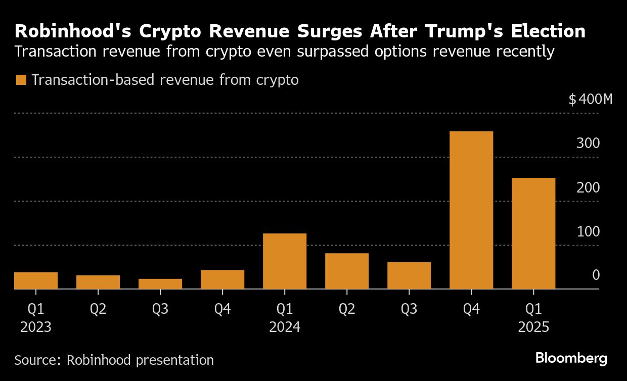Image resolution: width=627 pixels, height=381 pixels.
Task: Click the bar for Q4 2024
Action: [471, 210]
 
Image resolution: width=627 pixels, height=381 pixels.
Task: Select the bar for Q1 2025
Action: [533, 233]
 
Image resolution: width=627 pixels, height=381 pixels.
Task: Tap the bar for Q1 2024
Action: [284, 261]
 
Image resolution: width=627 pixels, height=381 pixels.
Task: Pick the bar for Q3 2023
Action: [160, 284]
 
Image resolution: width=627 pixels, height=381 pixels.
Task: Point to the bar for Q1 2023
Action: [36, 280]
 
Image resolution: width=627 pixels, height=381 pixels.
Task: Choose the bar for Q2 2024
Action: [346, 271]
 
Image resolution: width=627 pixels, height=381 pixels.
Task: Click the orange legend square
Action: [21, 80]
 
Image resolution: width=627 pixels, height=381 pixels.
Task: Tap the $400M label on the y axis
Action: [590, 99]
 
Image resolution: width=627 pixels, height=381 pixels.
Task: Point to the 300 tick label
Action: [588, 144]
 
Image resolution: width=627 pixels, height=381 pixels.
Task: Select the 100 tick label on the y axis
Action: [588, 232]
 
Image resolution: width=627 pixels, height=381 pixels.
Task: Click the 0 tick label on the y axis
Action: [596, 275]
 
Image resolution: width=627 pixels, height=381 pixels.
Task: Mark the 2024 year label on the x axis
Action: [284, 327]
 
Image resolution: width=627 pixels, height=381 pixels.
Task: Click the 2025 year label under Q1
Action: [533, 327]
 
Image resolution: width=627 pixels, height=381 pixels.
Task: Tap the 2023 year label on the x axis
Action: [36, 327]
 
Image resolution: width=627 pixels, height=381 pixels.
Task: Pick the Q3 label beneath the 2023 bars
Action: [160, 309]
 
